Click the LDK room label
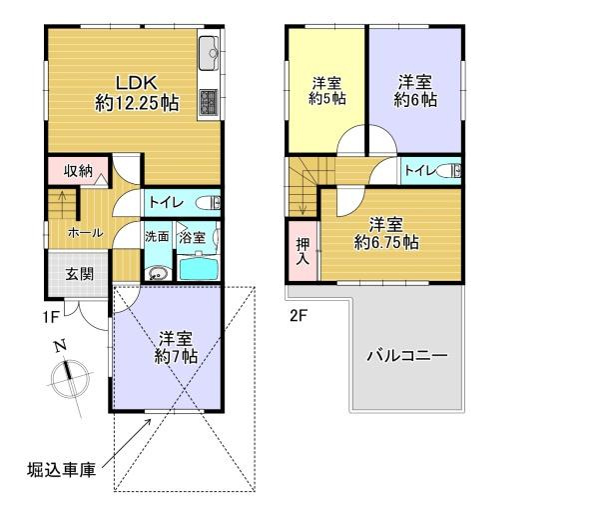[139, 82]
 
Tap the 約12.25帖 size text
[138, 102]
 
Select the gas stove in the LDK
[211, 102]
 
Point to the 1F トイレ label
[165, 202]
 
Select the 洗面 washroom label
[156, 238]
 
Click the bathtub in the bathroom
[198, 268]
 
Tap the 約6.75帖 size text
[388, 242]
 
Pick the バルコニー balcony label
[405, 355]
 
